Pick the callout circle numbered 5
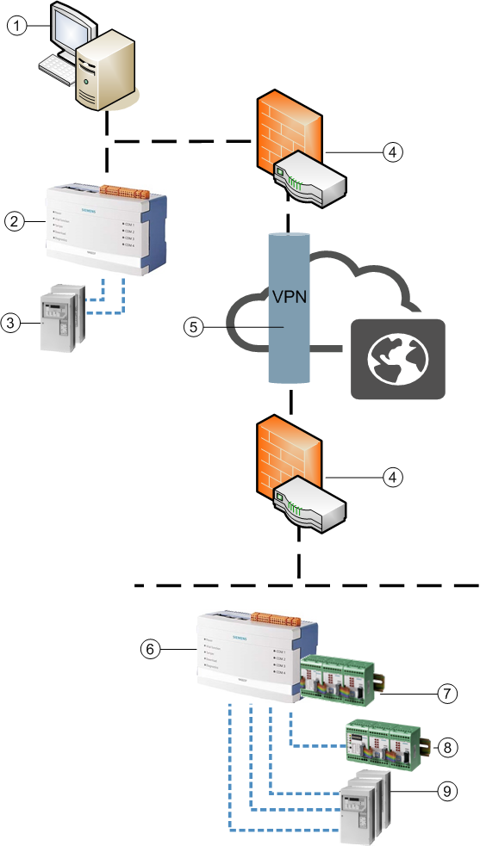point(194,328)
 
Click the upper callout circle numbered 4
point(392,152)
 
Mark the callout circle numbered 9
point(444,789)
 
